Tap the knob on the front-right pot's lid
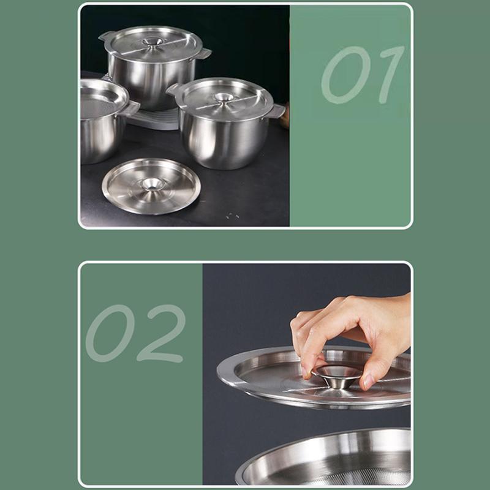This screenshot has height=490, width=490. [224, 97]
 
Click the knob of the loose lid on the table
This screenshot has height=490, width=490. [152, 184]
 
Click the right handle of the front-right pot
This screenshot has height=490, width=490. [276, 111]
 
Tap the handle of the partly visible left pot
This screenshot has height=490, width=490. [131, 108]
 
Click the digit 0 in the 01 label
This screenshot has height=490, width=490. [345, 75]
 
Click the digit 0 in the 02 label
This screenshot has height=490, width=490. [110, 333]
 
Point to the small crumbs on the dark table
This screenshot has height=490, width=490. [232, 216]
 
